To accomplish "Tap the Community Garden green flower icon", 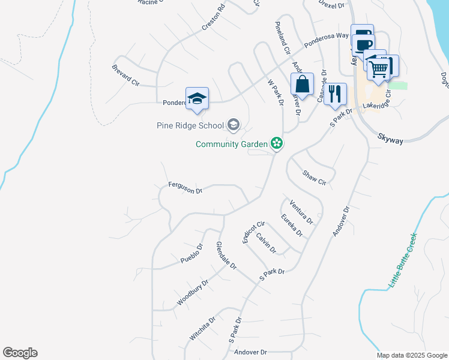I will (277, 143).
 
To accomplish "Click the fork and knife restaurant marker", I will (335, 94).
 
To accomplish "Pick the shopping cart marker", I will (380, 67).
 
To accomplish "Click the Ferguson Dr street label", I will (185, 188).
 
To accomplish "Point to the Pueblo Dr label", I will (192, 254).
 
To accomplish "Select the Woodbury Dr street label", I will (193, 292).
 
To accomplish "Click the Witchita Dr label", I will (202, 329).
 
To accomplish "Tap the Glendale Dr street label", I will (226, 255).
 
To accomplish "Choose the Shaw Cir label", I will (314, 177).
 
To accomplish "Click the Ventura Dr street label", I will (301, 211).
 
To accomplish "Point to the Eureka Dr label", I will (292, 226).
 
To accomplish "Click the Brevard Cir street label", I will (125, 74).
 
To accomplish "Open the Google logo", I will (20, 353).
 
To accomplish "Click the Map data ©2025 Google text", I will (411, 355).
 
